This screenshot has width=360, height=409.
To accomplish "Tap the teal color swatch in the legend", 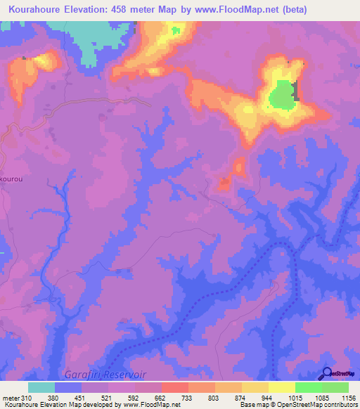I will [41, 387].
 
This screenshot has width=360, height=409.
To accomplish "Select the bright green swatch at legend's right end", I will [335, 387].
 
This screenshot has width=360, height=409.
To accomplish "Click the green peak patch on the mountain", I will [281, 96].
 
